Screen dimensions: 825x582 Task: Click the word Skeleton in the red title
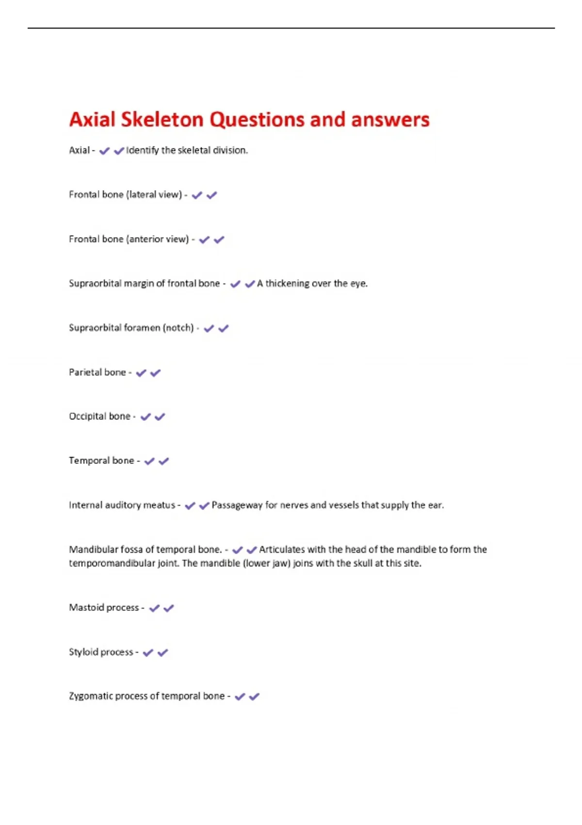coord(162,120)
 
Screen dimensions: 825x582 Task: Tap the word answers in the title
coord(390,120)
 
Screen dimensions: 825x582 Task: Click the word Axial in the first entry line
coord(79,150)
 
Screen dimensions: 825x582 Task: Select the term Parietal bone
coord(97,372)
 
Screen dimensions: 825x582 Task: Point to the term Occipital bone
coord(99,416)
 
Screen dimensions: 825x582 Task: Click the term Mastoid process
coord(104,608)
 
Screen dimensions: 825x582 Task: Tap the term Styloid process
coord(101,652)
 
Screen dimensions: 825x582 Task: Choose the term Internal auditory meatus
coord(122,505)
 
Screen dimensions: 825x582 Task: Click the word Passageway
coord(237,505)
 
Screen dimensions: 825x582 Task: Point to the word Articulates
coord(282,549)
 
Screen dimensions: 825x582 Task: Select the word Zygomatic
coord(90,696)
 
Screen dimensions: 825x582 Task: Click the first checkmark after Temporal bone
coord(149,461)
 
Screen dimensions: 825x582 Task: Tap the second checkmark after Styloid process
coord(163,652)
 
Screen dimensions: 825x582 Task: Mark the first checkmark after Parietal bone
coord(141,373)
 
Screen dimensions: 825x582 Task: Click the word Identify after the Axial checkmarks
coord(142,150)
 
